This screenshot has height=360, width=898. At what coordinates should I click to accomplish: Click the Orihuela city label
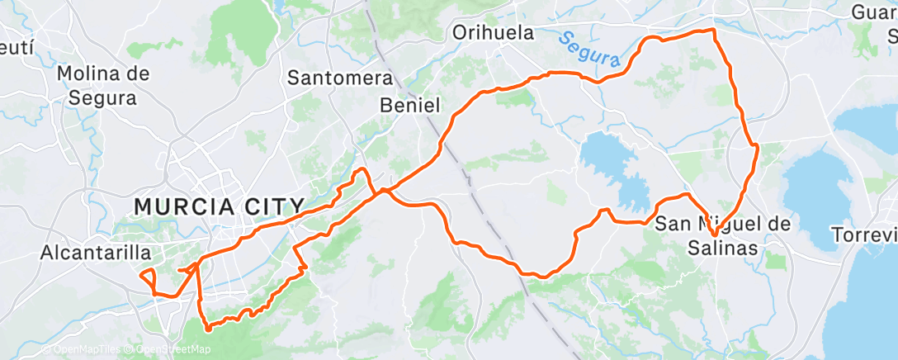[x=494, y=33]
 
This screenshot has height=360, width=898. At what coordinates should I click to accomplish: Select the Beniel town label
[x=411, y=105]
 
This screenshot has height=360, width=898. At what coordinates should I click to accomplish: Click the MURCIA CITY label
[x=220, y=206]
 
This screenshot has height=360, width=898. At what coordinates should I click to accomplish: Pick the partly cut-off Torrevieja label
[x=864, y=234]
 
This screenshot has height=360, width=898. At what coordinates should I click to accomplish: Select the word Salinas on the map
[x=723, y=247]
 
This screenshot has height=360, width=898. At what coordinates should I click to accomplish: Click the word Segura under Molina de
[x=103, y=97]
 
